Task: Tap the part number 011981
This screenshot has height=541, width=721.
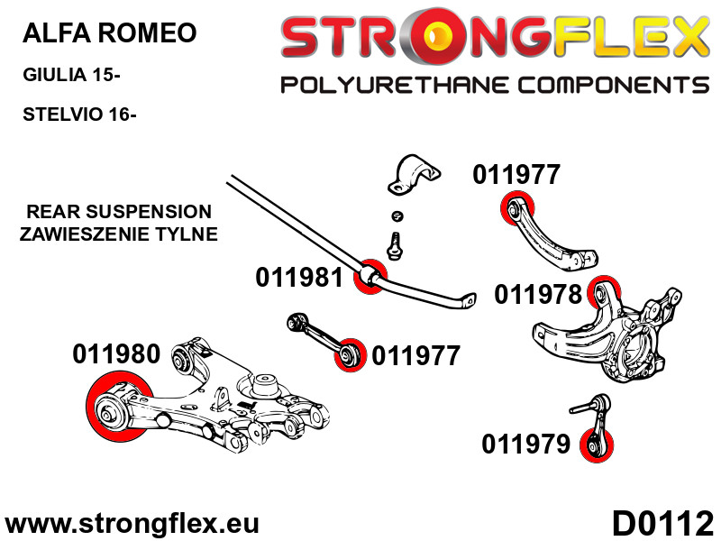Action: coord(299,277)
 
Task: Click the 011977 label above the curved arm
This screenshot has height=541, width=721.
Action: coord(516,175)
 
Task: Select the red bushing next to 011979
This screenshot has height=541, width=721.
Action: coord(595,445)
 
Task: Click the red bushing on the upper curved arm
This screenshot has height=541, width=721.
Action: coord(515,210)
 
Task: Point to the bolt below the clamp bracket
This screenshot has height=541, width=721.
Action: coord(394,244)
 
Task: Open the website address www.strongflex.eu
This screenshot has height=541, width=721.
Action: coord(132,524)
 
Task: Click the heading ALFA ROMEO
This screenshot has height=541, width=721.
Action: coord(108,34)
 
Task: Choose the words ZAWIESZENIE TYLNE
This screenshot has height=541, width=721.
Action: coord(119,234)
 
